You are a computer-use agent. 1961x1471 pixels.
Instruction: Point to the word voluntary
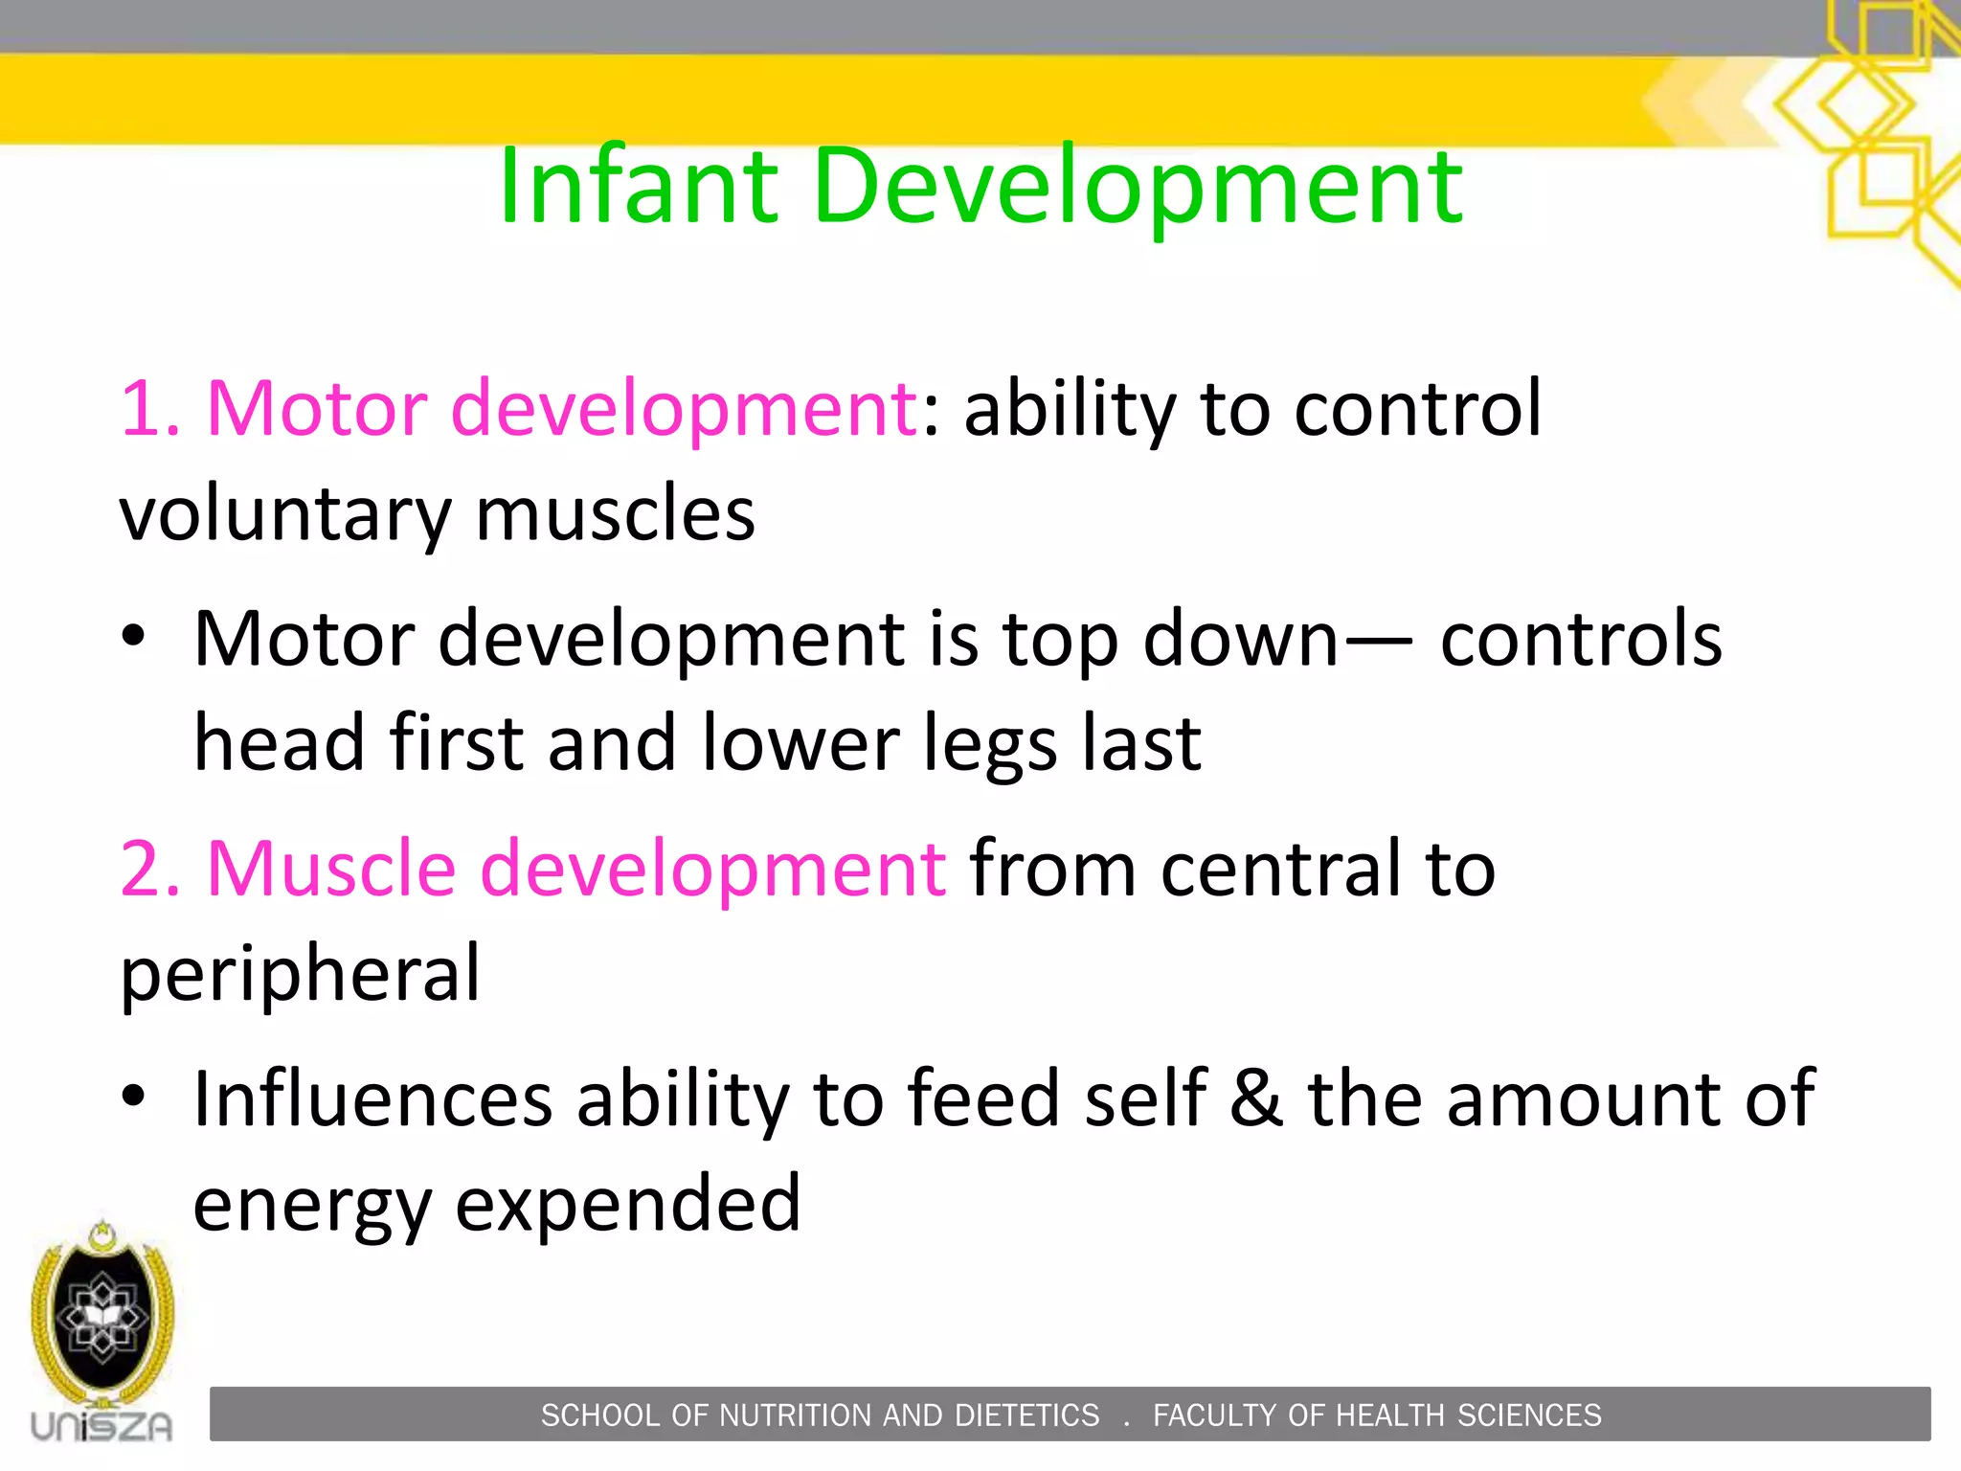pos(284,515)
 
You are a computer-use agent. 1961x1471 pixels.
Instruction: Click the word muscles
pos(615,513)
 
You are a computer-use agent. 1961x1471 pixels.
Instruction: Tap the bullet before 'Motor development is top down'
pos(133,636)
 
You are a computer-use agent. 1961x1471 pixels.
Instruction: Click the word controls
pos(1581,639)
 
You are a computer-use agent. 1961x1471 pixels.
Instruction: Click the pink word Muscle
pos(330,869)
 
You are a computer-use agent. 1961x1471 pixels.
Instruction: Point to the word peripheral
pos(300,975)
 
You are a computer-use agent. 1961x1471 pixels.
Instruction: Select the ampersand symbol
pos(1256,1098)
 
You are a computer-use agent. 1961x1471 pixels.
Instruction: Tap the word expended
pos(627,1205)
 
